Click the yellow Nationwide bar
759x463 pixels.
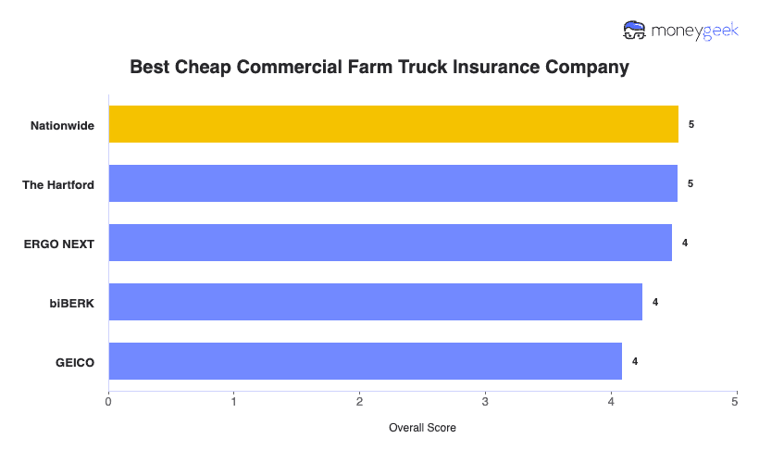point(393,124)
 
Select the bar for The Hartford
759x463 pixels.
point(393,183)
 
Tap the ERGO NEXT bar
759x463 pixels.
point(390,243)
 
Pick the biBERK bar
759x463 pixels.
point(375,302)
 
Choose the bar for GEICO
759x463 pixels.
point(365,361)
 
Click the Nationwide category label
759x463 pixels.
point(62,125)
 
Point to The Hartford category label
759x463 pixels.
point(58,184)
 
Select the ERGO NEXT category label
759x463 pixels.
point(59,244)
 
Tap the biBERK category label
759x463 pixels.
point(72,303)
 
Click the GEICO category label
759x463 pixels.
point(75,362)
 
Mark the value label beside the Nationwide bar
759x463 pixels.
point(691,124)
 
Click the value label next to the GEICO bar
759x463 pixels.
point(635,361)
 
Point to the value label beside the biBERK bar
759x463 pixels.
point(655,302)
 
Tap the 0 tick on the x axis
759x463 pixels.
point(108,401)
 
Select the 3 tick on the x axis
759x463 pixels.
point(485,401)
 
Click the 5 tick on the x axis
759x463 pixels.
point(735,401)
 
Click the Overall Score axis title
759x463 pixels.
point(422,428)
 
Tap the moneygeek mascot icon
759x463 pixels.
point(635,31)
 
